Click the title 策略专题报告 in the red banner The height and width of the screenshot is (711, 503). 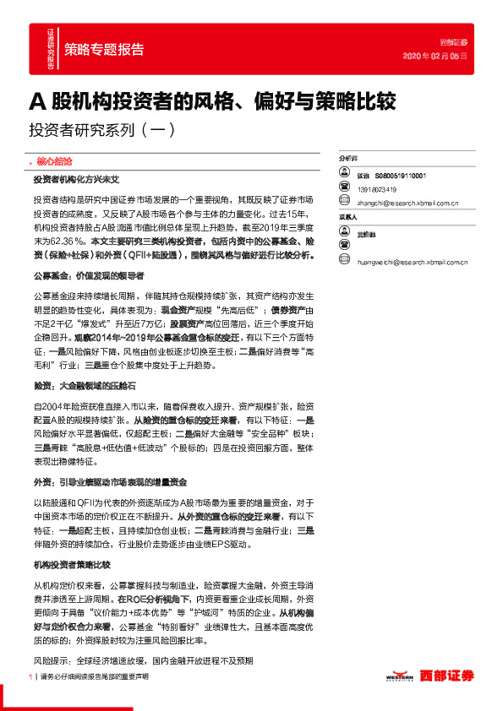[104, 50]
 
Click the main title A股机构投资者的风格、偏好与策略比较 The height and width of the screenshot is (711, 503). [213, 101]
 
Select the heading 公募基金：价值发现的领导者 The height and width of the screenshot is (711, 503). [89, 275]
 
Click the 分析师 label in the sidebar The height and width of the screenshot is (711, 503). [347, 159]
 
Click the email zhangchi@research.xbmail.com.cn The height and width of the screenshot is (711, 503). [407, 203]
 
